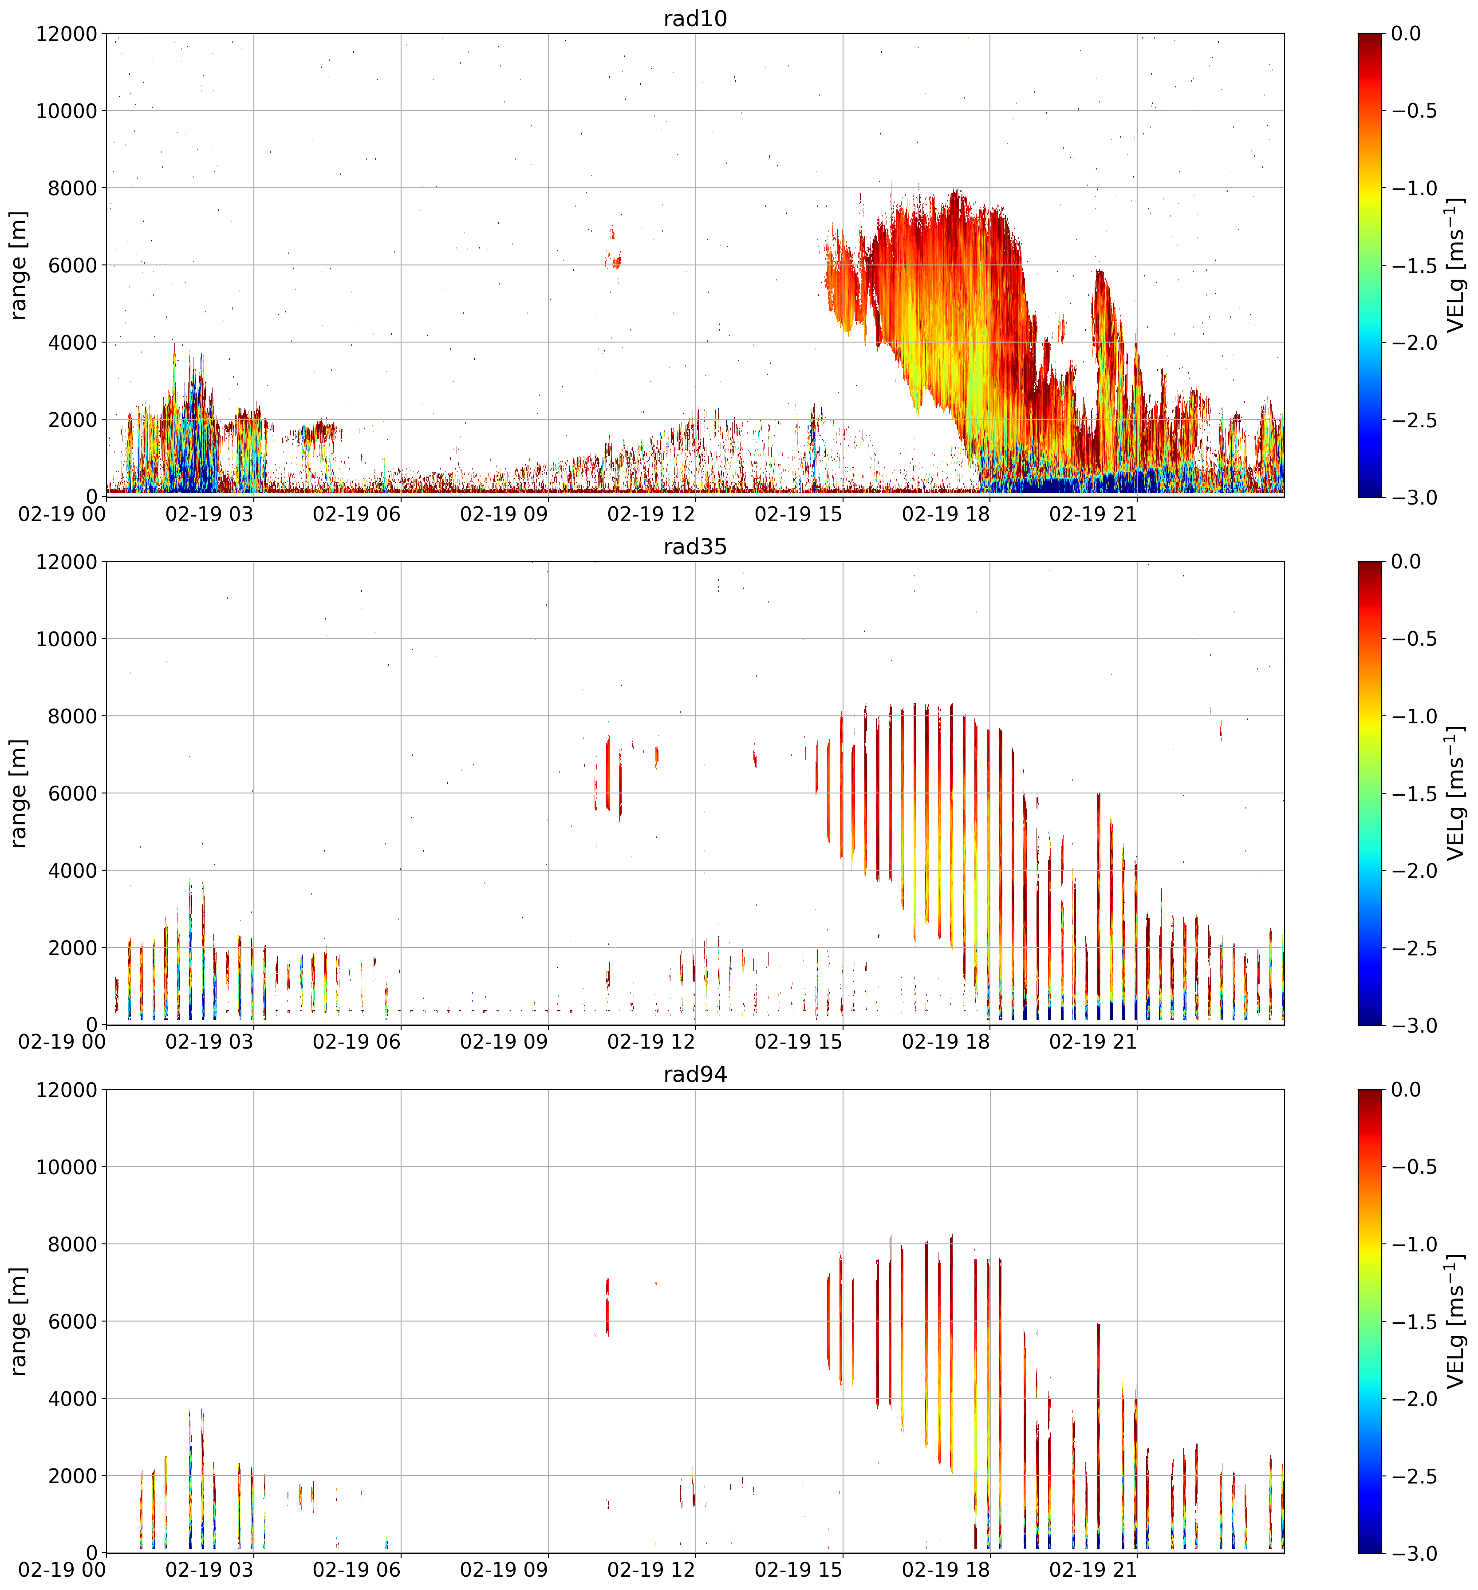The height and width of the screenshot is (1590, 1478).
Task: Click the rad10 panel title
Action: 695,18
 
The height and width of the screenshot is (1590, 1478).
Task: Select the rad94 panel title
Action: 695,1075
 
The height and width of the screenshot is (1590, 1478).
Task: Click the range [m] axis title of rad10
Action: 18,265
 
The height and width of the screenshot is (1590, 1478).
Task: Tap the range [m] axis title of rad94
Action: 18,1321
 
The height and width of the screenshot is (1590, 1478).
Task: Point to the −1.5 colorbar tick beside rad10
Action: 1414,265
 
